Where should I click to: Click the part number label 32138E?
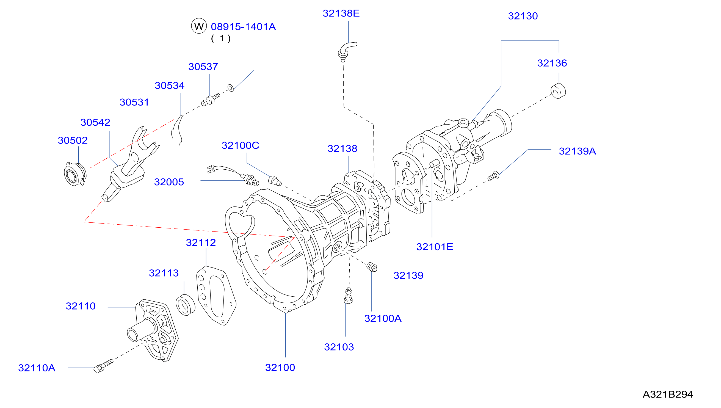click(x=341, y=13)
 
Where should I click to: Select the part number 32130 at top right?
click(x=523, y=16)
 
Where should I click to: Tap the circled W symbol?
click(x=199, y=26)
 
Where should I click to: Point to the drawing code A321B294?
click(x=668, y=394)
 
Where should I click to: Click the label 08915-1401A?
click(x=243, y=27)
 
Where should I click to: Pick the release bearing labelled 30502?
click(x=75, y=174)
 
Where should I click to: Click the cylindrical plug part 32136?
click(x=558, y=91)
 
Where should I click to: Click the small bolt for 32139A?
click(x=493, y=176)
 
